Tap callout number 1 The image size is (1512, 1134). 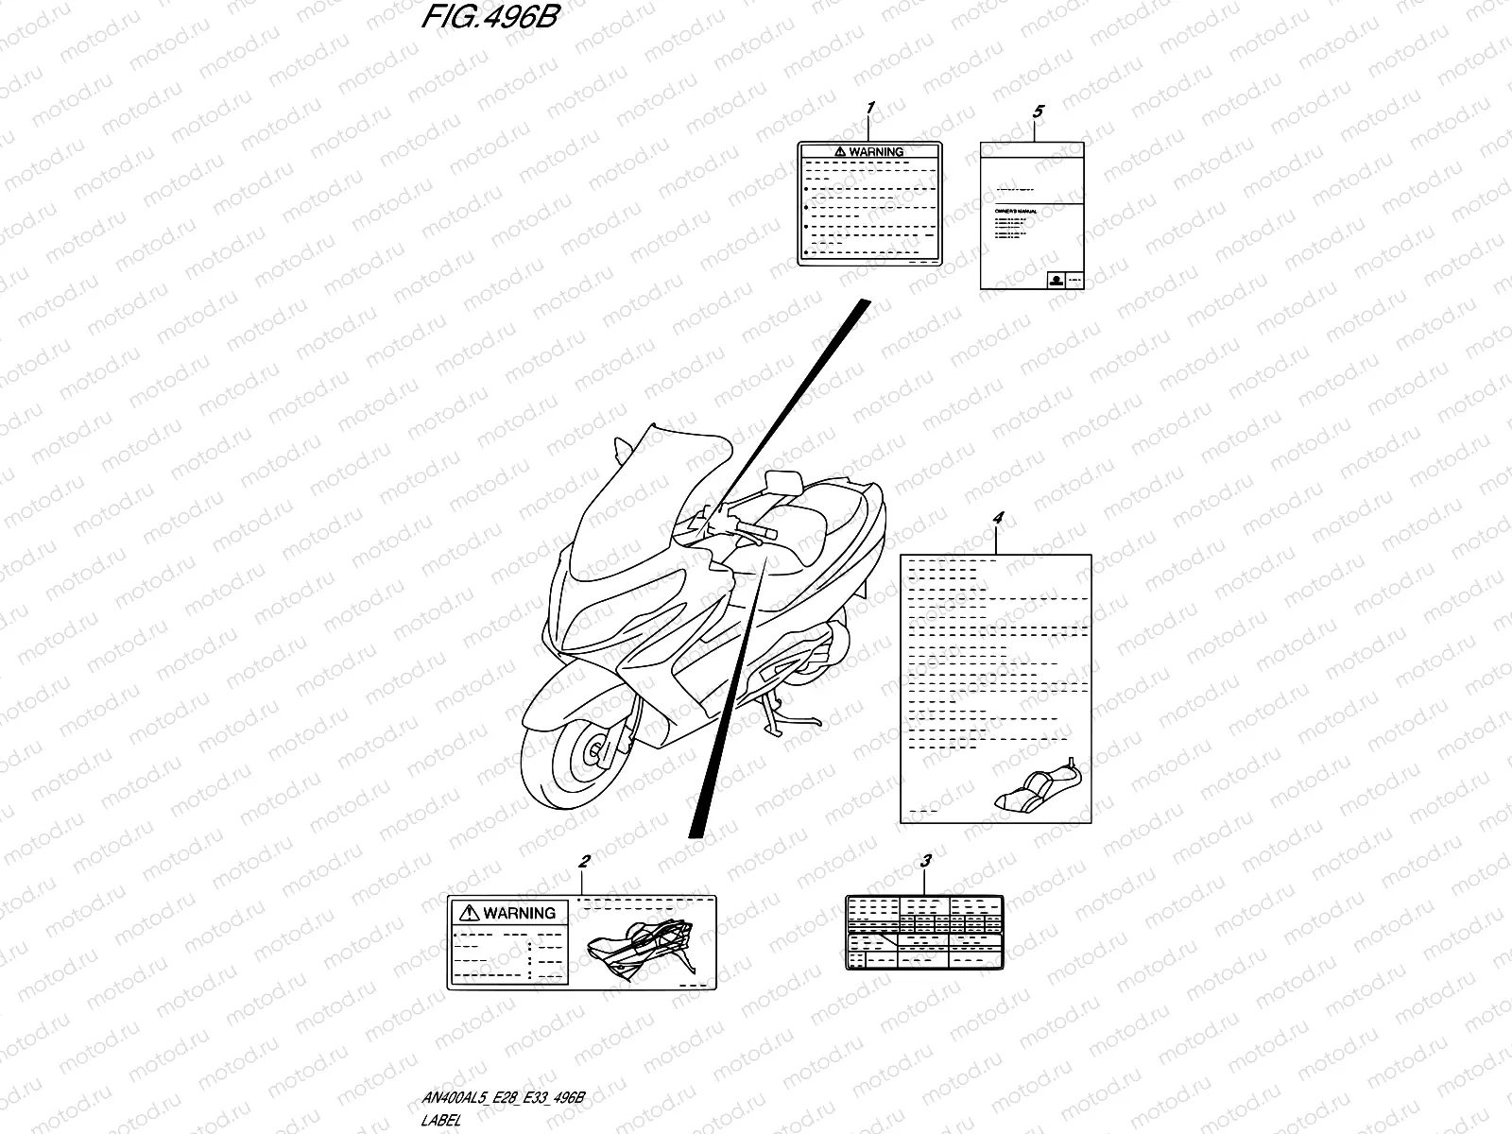click(870, 109)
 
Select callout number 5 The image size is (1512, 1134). click(1038, 112)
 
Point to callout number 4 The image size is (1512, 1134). click(999, 519)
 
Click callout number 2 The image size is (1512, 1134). click(585, 862)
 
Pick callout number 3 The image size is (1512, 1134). click(926, 861)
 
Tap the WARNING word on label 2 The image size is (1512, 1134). click(519, 913)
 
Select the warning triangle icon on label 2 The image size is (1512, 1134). click(470, 913)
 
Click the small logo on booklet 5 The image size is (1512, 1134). click(1055, 279)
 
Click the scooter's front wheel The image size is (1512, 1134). click(579, 753)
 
